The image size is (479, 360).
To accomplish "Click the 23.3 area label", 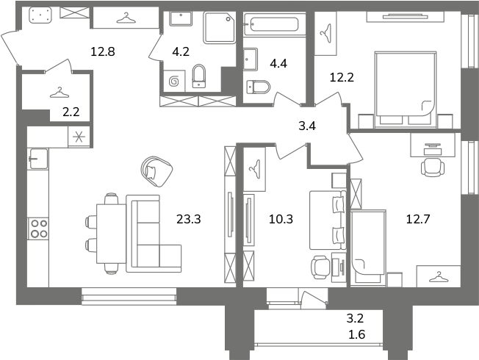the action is [x=189, y=219].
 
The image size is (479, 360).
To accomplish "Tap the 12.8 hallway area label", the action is [x=103, y=51].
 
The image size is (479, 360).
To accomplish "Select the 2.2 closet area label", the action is [x=71, y=112].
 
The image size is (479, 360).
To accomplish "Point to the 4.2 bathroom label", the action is [x=181, y=51].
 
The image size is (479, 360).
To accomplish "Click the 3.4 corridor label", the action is [x=307, y=126].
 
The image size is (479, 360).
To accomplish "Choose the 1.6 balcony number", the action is [x=356, y=334].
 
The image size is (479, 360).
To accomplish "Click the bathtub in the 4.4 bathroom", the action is [x=274, y=24].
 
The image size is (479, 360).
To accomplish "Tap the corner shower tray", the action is [x=220, y=28].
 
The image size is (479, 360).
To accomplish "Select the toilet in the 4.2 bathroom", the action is [x=199, y=76].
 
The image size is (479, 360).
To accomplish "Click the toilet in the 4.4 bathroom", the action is [x=259, y=87].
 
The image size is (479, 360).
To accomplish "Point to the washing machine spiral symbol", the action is [x=174, y=82].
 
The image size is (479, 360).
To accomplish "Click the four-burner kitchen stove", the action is [x=38, y=228].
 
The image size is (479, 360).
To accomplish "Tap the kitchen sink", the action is [x=38, y=159].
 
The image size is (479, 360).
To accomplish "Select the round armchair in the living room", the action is [x=156, y=171].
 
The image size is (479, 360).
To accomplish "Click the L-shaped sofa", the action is [x=154, y=234].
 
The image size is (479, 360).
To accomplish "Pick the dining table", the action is [x=111, y=234].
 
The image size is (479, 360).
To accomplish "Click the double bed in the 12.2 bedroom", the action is [x=405, y=89].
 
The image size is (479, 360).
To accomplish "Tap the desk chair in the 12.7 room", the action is [x=433, y=167].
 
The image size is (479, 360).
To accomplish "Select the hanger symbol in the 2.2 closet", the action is [x=60, y=93].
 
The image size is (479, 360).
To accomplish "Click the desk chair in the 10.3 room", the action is [x=321, y=267].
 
